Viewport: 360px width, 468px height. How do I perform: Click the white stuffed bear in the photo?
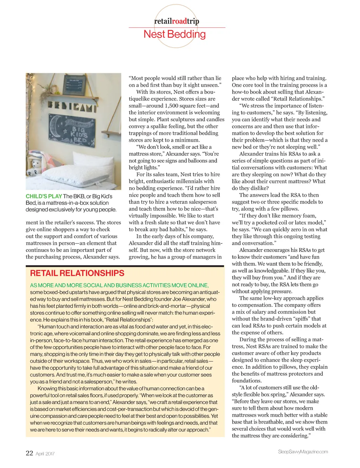click(35, 167)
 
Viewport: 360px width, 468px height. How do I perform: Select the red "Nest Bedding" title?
click(175, 34)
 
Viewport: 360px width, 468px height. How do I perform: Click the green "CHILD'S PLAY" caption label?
click(44, 196)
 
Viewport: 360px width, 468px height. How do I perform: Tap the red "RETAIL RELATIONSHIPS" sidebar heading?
click(77, 273)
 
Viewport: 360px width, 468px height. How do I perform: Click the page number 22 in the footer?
click(30, 453)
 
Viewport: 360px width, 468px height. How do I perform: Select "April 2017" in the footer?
click(45, 454)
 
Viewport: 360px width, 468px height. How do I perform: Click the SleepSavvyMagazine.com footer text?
click(303, 451)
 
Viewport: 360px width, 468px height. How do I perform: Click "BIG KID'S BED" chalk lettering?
click(79, 134)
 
